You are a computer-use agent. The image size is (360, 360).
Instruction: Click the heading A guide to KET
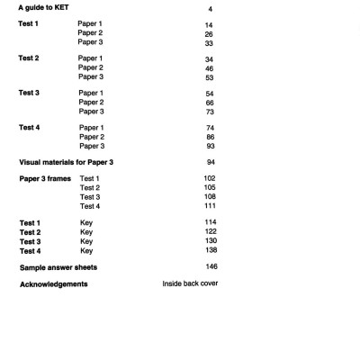coord(44,8)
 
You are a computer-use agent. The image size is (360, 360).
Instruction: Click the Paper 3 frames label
coord(45,179)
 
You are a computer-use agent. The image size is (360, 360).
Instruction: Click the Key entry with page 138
coord(86,251)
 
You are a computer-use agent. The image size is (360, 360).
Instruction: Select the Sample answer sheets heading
coord(58,268)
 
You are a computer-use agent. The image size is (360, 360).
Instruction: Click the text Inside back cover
coord(190,284)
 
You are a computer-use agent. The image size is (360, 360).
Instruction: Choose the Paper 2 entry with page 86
coord(92,137)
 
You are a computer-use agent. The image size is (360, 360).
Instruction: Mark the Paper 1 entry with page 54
coord(92,93)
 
